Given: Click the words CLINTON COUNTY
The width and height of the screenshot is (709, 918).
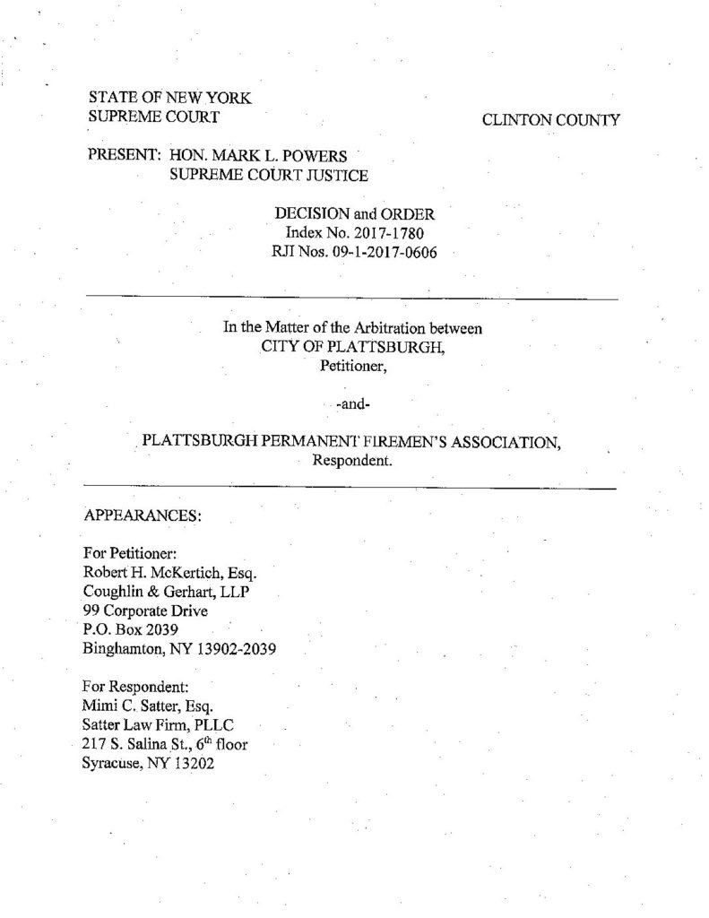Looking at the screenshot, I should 549,119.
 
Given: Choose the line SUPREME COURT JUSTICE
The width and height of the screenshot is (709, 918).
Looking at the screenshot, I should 268,175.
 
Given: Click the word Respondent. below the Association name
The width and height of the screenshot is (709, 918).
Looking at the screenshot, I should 351,462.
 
